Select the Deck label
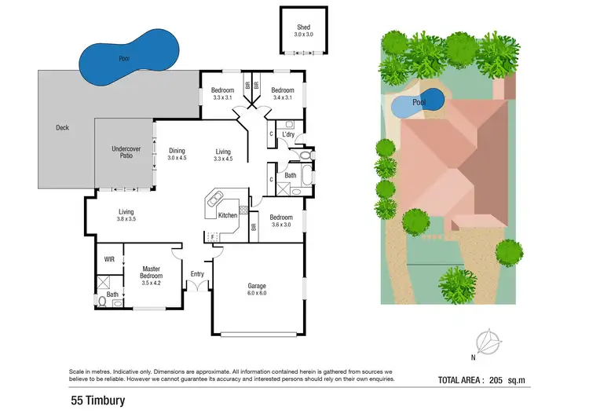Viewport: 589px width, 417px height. (63, 127)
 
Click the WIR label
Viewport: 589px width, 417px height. (109, 258)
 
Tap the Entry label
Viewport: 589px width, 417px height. (197, 274)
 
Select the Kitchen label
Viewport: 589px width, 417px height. (228, 215)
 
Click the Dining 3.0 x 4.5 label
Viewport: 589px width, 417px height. (177, 154)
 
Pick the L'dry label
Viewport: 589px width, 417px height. (288, 135)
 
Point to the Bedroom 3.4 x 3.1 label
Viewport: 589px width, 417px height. (282, 93)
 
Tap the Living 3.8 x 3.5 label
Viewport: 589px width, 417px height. (126, 214)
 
